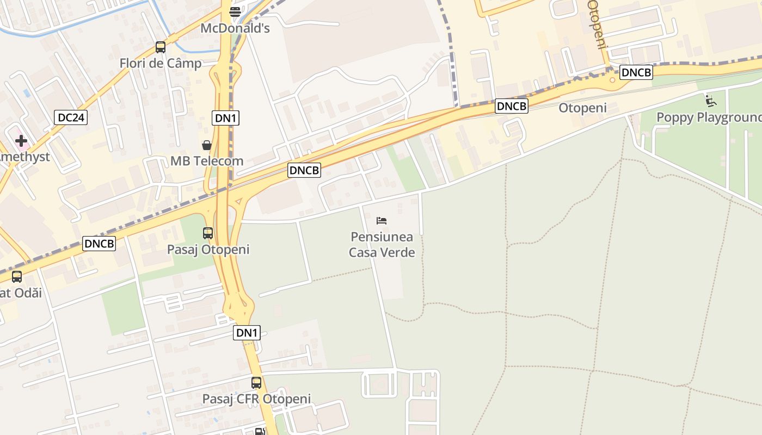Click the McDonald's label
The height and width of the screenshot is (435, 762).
click(x=235, y=28)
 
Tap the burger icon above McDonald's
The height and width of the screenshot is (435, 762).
click(x=235, y=11)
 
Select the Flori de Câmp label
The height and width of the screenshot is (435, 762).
click(x=161, y=63)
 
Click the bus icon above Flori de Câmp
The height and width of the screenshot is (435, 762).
click(x=161, y=47)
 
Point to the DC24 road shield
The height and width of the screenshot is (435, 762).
click(x=71, y=117)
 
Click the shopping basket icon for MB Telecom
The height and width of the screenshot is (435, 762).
click(x=207, y=145)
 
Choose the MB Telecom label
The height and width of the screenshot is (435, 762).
click(x=207, y=161)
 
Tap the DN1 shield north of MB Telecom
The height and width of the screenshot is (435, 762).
click(x=226, y=117)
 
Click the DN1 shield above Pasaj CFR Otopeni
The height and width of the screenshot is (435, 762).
click(x=247, y=333)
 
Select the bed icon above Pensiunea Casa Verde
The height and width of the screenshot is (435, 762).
click(x=382, y=221)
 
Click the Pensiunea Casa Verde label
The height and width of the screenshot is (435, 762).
click(x=382, y=245)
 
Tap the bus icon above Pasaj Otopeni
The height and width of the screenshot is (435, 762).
click(x=208, y=233)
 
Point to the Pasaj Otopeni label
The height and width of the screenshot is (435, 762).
click(x=208, y=250)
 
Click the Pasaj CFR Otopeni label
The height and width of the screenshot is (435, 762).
click(x=256, y=399)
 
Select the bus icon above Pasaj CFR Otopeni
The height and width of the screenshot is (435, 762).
click(x=256, y=383)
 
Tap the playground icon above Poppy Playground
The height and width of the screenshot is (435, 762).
click(x=710, y=101)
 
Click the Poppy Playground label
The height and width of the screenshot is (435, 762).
click(x=709, y=117)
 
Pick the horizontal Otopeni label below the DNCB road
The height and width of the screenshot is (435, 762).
click(x=582, y=108)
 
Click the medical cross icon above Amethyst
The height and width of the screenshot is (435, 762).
click(x=21, y=141)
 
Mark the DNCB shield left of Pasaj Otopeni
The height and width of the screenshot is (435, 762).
click(x=99, y=244)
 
